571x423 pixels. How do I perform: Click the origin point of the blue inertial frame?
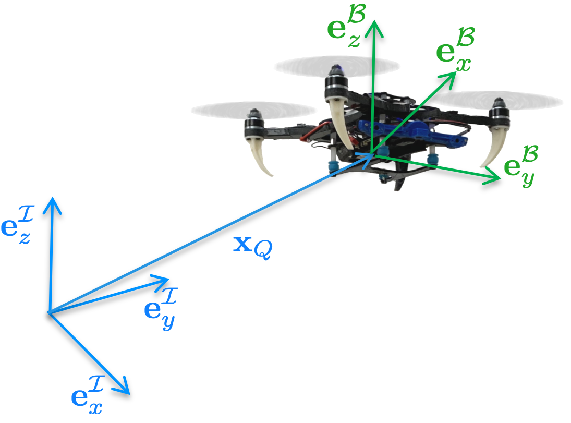[x=48, y=312]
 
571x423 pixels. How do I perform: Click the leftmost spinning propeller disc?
[x=254, y=110]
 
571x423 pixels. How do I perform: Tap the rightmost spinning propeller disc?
[x=498, y=100]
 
